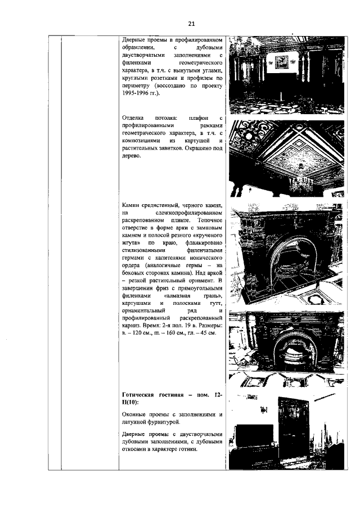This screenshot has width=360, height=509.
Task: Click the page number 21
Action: (x=191, y=24)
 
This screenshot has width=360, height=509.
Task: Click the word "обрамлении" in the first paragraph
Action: (x=141, y=48)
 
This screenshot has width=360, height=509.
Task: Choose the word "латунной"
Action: (x=138, y=421)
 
